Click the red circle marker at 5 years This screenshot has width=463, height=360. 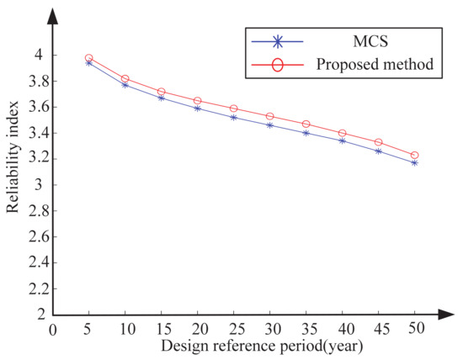(x=89, y=58)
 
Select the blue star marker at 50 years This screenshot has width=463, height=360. (x=414, y=163)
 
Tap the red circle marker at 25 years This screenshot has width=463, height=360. (x=233, y=109)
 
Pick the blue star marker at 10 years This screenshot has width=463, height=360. (x=125, y=85)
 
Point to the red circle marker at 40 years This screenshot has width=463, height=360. (x=343, y=133)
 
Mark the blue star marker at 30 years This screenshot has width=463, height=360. (x=269, y=125)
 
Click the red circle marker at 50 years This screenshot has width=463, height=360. (x=414, y=156)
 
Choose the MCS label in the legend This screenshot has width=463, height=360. (x=370, y=41)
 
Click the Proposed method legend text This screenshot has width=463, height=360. (x=375, y=64)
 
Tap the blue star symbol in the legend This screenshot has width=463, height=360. (x=278, y=41)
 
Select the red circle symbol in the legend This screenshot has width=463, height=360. (x=278, y=65)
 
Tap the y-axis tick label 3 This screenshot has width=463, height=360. (x=39, y=185)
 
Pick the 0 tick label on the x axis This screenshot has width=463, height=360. (x=52, y=330)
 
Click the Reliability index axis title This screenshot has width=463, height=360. (x=13, y=157)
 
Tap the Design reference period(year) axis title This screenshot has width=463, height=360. (x=262, y=347)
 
